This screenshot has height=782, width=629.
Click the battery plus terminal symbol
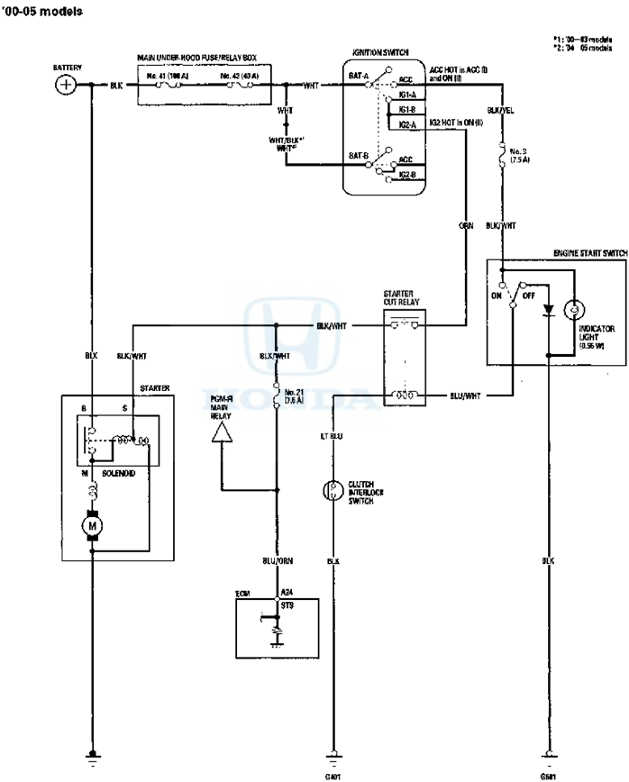pyautogui.click(x=65, y=85)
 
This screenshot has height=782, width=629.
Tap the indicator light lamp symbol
pyautogui.click(x=570, y=310)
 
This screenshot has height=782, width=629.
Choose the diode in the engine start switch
pyautogui.click(x=547, y=310)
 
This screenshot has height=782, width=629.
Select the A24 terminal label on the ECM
pyautogui.click(x=285, y=592)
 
